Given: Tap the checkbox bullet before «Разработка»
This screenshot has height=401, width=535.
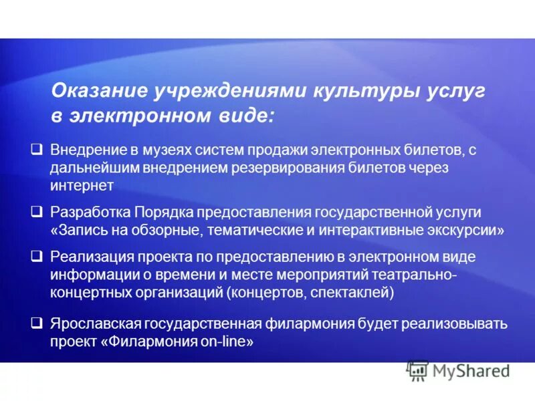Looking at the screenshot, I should tap(38, 212).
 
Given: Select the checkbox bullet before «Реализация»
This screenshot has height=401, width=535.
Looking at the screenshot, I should tap(38, 257).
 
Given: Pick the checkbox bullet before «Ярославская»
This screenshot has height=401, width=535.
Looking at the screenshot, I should tap(38, 323).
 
